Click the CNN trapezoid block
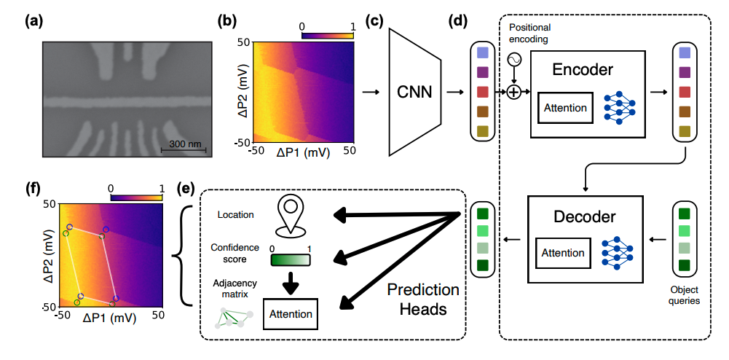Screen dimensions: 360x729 pyautogui.click(x=417, y=93)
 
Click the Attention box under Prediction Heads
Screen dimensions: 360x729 pyautogui.click(x=290, y=314)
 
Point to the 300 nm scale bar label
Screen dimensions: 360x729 pyautogui.click(x=185, y=144)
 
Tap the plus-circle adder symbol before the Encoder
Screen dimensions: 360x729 pyautogui.click(x=514, y=92)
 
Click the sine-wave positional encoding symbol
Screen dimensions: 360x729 pyautogui.click(x=514, y=61)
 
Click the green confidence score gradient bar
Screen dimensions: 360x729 pyautogui.click(x=291, y=260)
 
